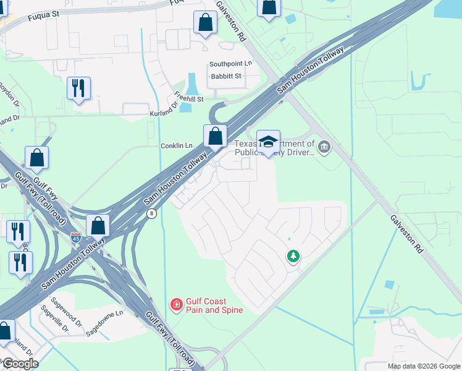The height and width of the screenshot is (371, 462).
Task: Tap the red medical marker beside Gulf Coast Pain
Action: point(176,304)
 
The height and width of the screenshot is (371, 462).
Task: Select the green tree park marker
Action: point(293,256)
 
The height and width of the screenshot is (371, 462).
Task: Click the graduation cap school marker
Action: point(268,141)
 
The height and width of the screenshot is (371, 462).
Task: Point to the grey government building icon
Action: point(325,147)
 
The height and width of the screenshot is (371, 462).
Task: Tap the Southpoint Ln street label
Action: point(230,64)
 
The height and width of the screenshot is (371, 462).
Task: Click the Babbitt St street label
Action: point(225,76)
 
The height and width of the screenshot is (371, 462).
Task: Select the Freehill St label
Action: point(189,96)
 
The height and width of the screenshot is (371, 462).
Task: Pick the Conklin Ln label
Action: point(177,146)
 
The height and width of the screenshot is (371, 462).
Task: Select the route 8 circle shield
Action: point(151,213)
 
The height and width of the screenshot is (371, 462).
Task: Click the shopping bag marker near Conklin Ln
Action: point(215,135)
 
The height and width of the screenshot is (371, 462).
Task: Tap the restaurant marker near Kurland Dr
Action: point(78,88)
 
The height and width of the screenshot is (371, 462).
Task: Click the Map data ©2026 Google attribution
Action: point(424,366)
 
